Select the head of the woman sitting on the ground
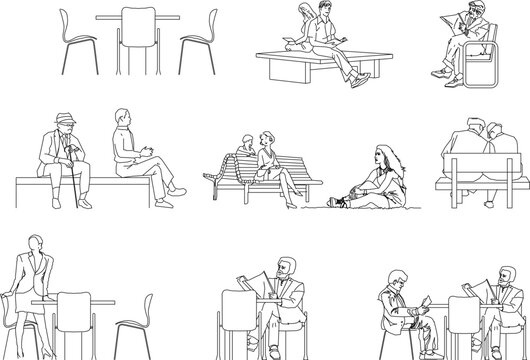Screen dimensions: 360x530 (x=380, y=156)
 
